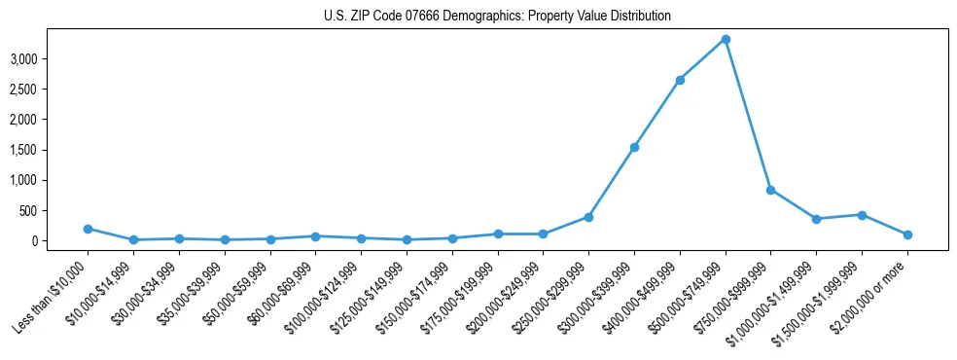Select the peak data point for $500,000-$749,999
tap(726, 39)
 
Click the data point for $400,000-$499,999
tap(680, 80)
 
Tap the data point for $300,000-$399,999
tap(634, 147)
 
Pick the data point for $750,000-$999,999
tap(770, 190)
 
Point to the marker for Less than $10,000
tap(88, 229)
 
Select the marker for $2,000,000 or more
tap(907, 234)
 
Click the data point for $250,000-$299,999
tap(588, 217)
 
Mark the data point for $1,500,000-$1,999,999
tap(862, 214)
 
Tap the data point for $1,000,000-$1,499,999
tap(816, 219)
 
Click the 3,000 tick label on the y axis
tap(51, 59)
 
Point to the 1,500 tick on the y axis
tap(51, 150)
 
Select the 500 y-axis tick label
tap(56, 210)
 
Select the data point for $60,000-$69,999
tap(315, 236)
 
